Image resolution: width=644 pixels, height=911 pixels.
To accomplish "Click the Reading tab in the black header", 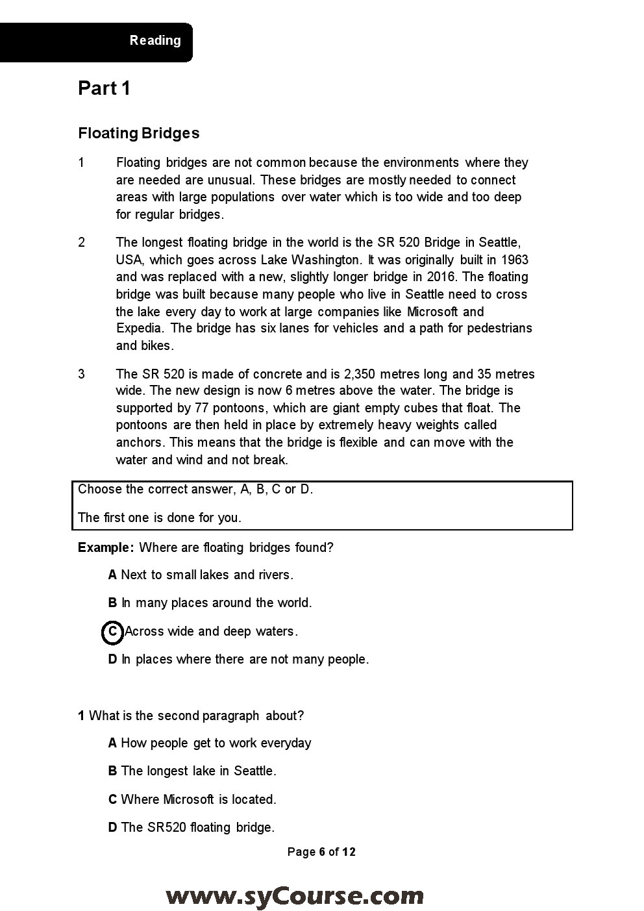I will point(155,40).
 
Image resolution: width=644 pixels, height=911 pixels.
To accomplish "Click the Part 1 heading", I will point(104,88).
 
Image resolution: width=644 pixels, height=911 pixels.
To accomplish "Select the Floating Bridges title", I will point(138,133).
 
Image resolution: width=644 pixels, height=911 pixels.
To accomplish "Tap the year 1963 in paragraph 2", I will point(515,260).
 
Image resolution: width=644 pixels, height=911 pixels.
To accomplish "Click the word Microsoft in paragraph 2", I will point(432,312).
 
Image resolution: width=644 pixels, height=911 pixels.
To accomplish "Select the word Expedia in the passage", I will point(140,329).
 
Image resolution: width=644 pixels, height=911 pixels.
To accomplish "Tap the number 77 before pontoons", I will point(201,408).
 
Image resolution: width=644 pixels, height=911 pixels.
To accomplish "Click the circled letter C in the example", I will point(112,631).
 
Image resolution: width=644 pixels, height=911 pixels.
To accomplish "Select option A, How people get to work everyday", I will point(210,743).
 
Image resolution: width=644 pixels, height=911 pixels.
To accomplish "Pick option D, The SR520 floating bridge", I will point(192,827).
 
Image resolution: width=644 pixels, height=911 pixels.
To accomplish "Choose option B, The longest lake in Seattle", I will point(192,771).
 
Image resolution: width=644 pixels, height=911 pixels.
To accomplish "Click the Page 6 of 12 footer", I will point(321,852).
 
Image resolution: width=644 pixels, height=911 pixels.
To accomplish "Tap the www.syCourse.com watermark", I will point(295,896).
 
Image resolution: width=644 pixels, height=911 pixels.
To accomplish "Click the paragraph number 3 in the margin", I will point(81,374).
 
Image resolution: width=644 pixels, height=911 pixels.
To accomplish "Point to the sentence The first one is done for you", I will point(159,518).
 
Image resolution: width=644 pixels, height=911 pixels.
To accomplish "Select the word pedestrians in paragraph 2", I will point(499,329).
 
